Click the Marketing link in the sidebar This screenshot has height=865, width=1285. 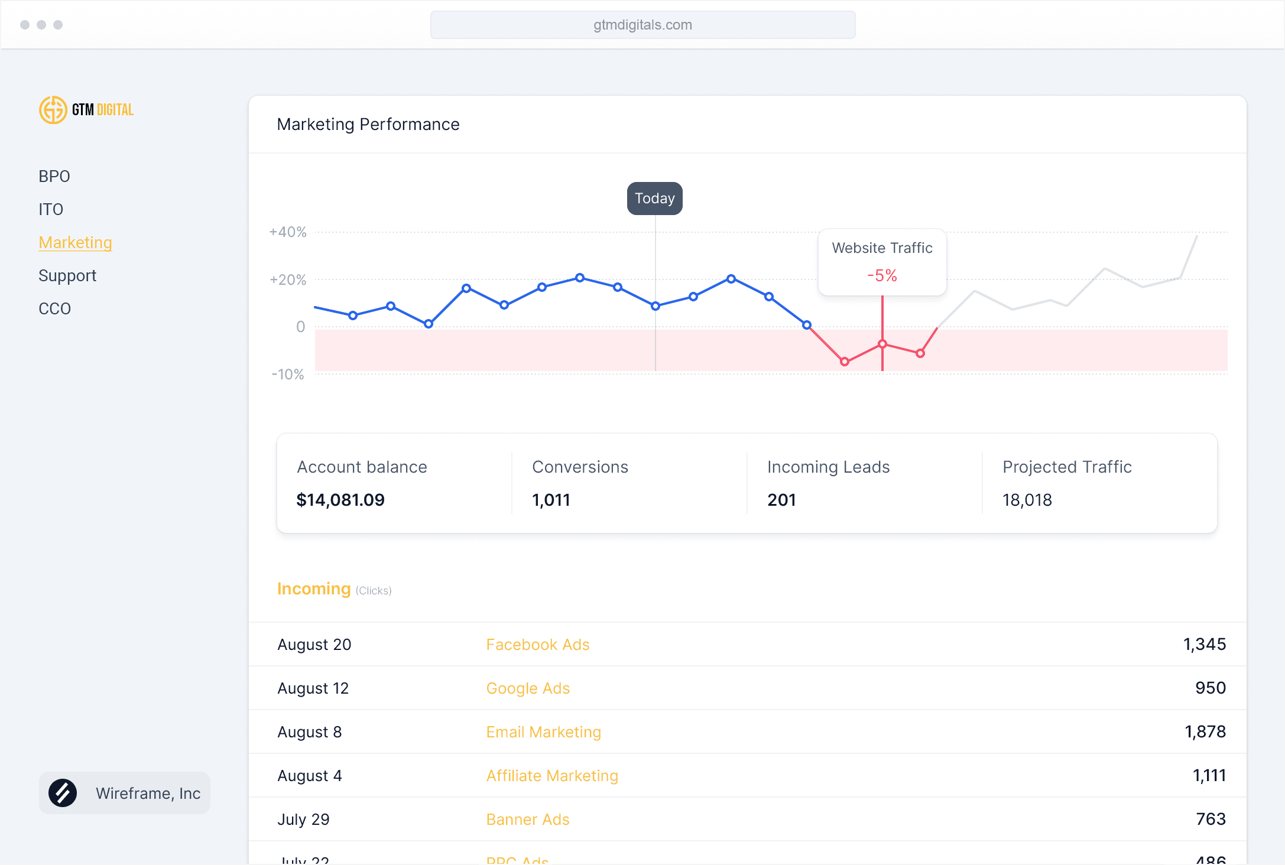(x=75, y=242)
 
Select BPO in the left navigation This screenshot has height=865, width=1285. (x=54, y=176)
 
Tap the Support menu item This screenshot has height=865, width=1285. (x=67, y=275)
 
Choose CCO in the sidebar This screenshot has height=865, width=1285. (x=54, y=308)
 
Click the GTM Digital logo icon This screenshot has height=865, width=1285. (x=53, y=110)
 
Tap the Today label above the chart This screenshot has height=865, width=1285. (x=654, y=199)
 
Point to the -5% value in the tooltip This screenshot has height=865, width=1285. (x=882, y=275)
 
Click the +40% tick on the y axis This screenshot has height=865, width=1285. (x=288, y=232)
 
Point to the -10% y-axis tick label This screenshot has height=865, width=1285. (x=288, y=374)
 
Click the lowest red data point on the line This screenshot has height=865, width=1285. (x=845, y=362)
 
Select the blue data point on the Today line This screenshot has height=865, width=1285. (x=656, y=306)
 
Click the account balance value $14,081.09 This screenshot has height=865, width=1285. (x=340, y=500)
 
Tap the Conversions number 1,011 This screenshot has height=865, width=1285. (x=551, y=500)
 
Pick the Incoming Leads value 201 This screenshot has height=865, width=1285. (x=781, y=500)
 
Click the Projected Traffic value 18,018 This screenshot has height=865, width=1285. (x=1027, y=500)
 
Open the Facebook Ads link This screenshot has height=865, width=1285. (x=538, y=644)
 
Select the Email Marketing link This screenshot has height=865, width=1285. (x=544, y=731)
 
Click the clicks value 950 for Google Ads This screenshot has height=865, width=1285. (x=1211, y=688)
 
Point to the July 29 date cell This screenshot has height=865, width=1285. (x=304, y=819)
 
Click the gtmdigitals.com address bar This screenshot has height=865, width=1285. (x=642, y=25)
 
